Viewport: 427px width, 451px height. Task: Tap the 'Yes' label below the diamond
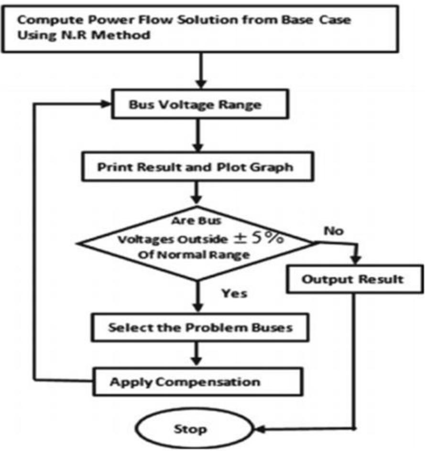(234, 293)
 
